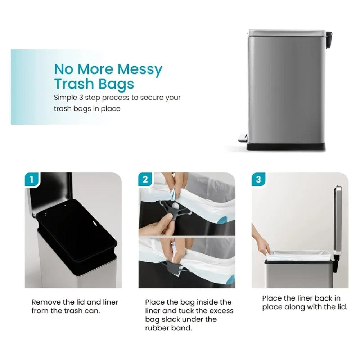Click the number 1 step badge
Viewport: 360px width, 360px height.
[x=32, y=179]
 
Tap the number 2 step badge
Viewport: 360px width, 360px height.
[x=145, y=179]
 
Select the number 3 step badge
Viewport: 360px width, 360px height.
[x=258, y=179]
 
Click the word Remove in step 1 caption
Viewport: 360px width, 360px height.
[x=45, y=302]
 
